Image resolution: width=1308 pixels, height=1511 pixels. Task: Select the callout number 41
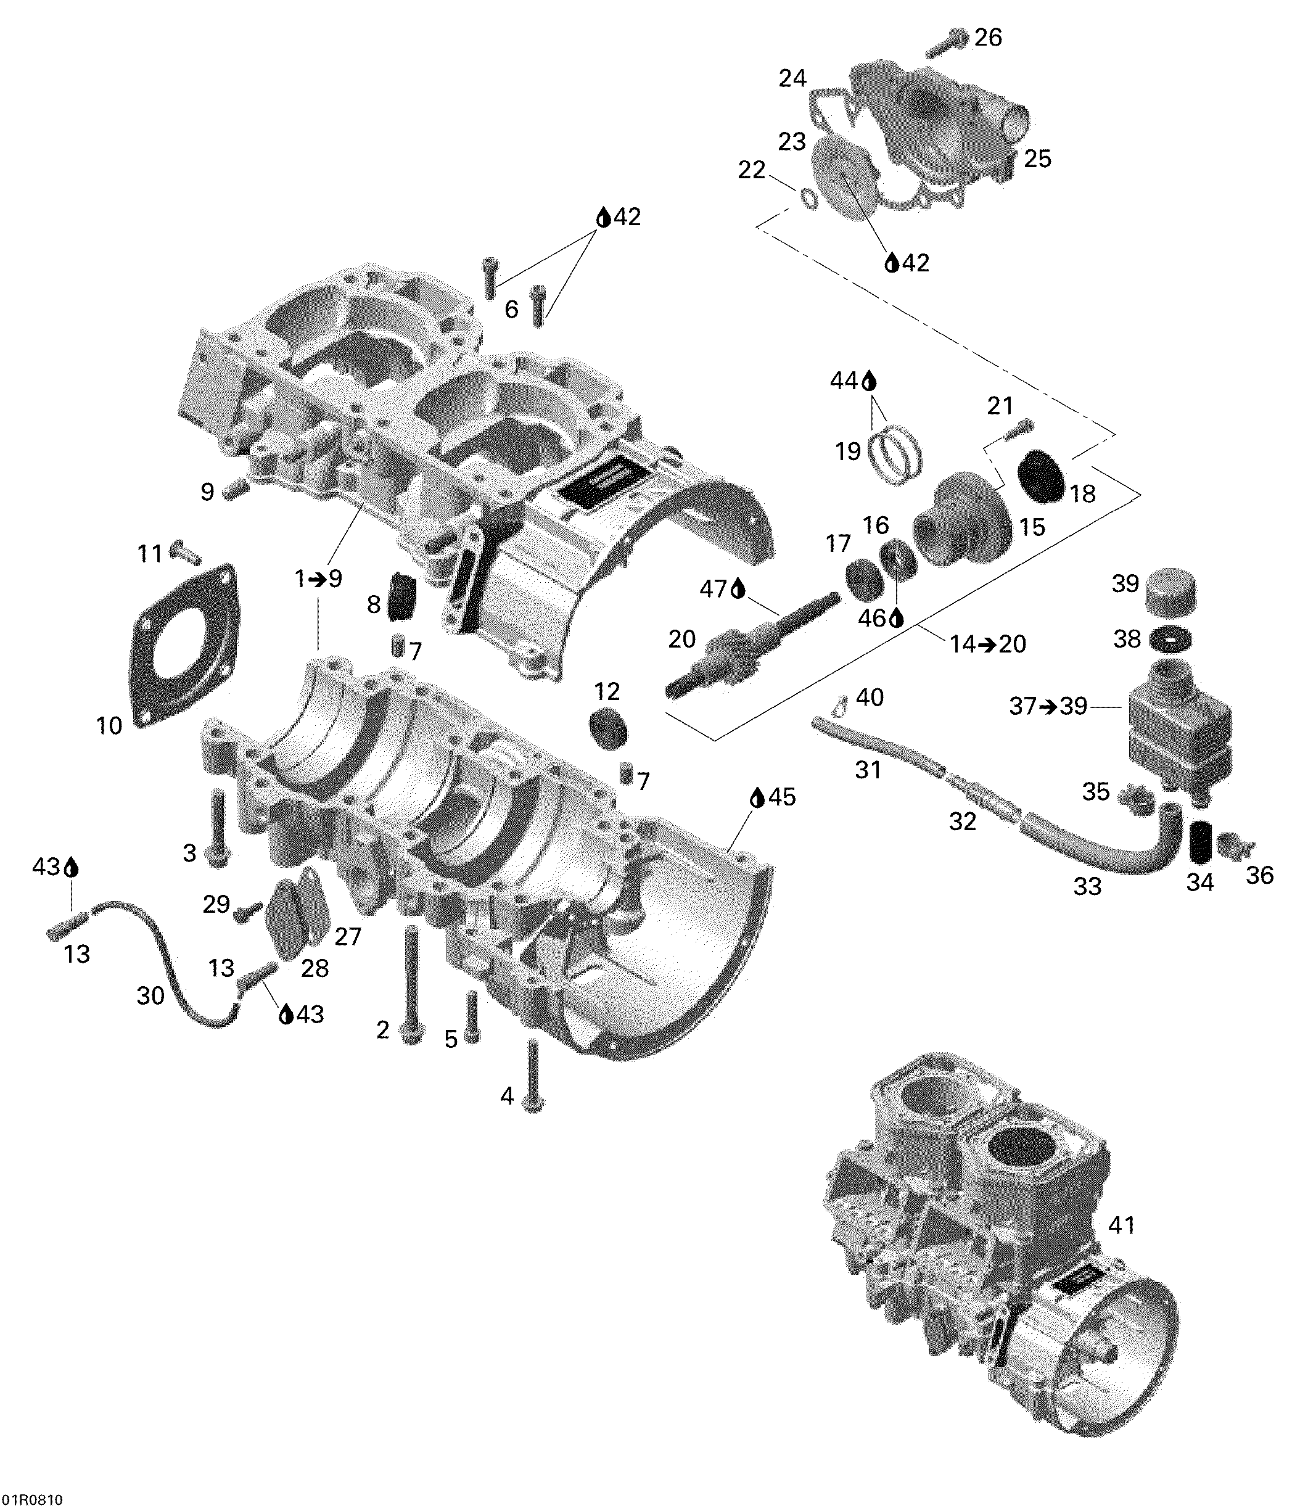click(x=1121, y=1225)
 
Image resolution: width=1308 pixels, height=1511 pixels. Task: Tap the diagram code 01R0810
click(x=31, y=1499)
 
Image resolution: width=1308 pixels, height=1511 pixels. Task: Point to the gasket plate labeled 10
click(x=186, y=646)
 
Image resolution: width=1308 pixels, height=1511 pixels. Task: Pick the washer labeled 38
click(x=1170, y=640)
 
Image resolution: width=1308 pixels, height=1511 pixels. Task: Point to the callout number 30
click(x=150, y=995)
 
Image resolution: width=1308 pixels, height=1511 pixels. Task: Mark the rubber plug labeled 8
click(x=401, y=596)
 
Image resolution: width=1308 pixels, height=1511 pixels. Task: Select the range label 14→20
click(x=987, y=644)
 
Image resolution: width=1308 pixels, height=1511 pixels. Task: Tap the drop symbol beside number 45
click(x=757, y=798)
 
